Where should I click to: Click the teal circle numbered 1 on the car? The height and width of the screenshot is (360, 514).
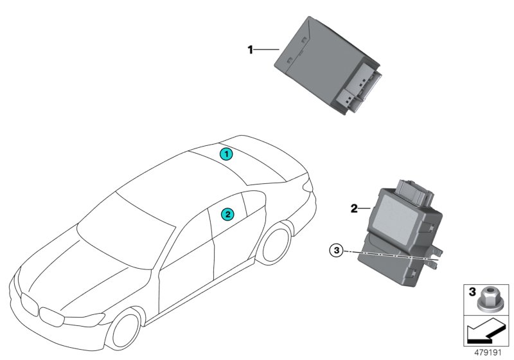[x=225, y=154]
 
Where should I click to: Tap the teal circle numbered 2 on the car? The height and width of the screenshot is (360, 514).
[x=227, y=213]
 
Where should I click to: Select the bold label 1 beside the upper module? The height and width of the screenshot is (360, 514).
[x=252, y=49]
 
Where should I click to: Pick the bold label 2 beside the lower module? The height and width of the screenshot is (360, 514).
[x=353, y=208]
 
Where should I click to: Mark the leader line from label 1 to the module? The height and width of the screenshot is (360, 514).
[x=267, y=49]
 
